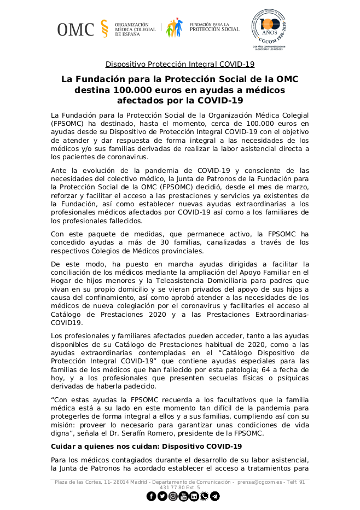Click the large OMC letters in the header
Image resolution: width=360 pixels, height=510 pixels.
pos(76,29)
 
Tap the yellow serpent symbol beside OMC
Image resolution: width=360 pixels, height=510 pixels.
pos(104,28)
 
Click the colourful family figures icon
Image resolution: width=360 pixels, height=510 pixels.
pos(176,28)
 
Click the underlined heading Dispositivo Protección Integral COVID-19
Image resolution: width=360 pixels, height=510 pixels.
pos(180,63)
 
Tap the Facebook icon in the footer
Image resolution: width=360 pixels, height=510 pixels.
pos(151,496)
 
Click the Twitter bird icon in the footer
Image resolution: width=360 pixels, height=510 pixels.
pos(162,496)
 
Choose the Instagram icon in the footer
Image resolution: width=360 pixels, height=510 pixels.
pos(172,496)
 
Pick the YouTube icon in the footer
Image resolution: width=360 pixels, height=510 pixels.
pos(183,496)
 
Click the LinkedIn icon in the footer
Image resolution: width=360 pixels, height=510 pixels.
pos(194,496)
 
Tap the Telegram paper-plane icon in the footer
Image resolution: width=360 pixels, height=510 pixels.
pos(215,496)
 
